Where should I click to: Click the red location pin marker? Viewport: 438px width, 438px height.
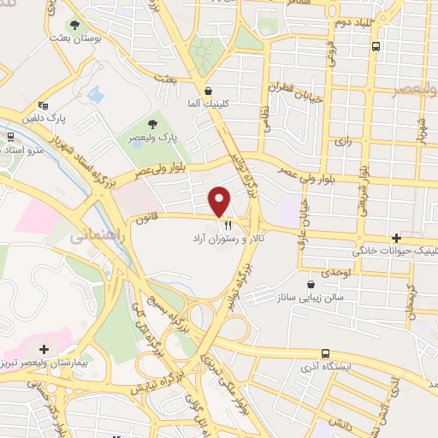[220, 201]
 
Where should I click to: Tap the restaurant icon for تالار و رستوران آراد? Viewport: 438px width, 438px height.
[227, 226]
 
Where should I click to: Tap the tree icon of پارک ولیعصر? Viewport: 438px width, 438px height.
[156, 123]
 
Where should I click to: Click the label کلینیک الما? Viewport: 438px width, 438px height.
[207, 104]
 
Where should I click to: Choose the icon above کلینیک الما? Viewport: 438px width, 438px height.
[207, 90]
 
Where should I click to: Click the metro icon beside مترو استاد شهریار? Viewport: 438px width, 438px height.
[9, 136]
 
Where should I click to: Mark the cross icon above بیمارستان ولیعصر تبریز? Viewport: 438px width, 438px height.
[44, 348]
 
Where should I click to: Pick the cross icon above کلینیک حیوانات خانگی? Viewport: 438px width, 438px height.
[395, 238]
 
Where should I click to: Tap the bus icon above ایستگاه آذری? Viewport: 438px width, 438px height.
[325, 353]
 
